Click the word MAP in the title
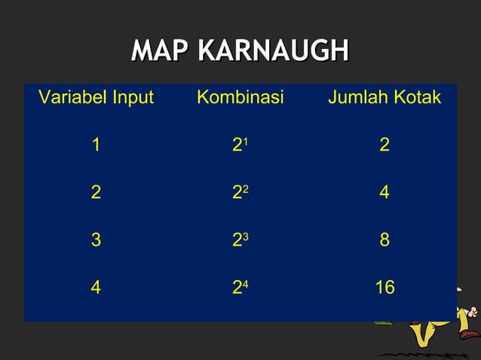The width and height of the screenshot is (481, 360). [160, 51]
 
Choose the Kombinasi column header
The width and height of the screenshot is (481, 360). [240, 98]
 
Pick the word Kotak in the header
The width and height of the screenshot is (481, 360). [418, 98]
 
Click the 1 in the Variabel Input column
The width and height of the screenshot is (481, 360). [96, 145]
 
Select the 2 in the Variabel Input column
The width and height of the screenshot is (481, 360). [96, 193]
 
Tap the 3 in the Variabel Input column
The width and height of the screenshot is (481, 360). [96, 240]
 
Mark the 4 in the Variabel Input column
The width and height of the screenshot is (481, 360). [96, 288]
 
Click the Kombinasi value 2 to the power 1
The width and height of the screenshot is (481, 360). [240, 145]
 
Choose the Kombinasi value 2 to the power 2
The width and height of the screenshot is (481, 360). [240, 193]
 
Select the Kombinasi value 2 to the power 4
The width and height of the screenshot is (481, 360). [240, 288]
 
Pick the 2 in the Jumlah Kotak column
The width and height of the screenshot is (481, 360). [384, 145]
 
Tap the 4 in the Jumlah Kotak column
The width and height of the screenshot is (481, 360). [384, 193]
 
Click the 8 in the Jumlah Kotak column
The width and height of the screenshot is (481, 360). [384, 240]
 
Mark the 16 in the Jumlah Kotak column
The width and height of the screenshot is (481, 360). [384, 288]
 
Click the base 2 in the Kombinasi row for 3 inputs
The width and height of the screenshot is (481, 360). [237, 241]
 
